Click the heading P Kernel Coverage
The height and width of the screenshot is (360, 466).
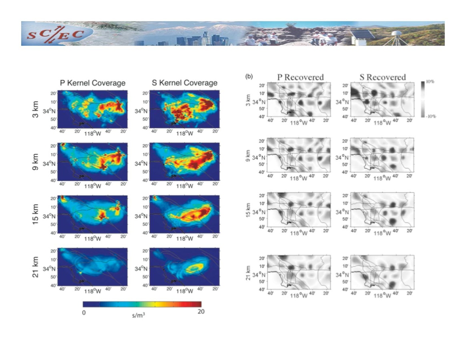pos(92,83)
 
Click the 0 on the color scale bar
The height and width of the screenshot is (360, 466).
pos(84,313)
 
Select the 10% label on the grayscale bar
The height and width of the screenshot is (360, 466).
pos(430,82)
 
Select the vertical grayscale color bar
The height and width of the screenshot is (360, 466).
pos(423,99)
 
